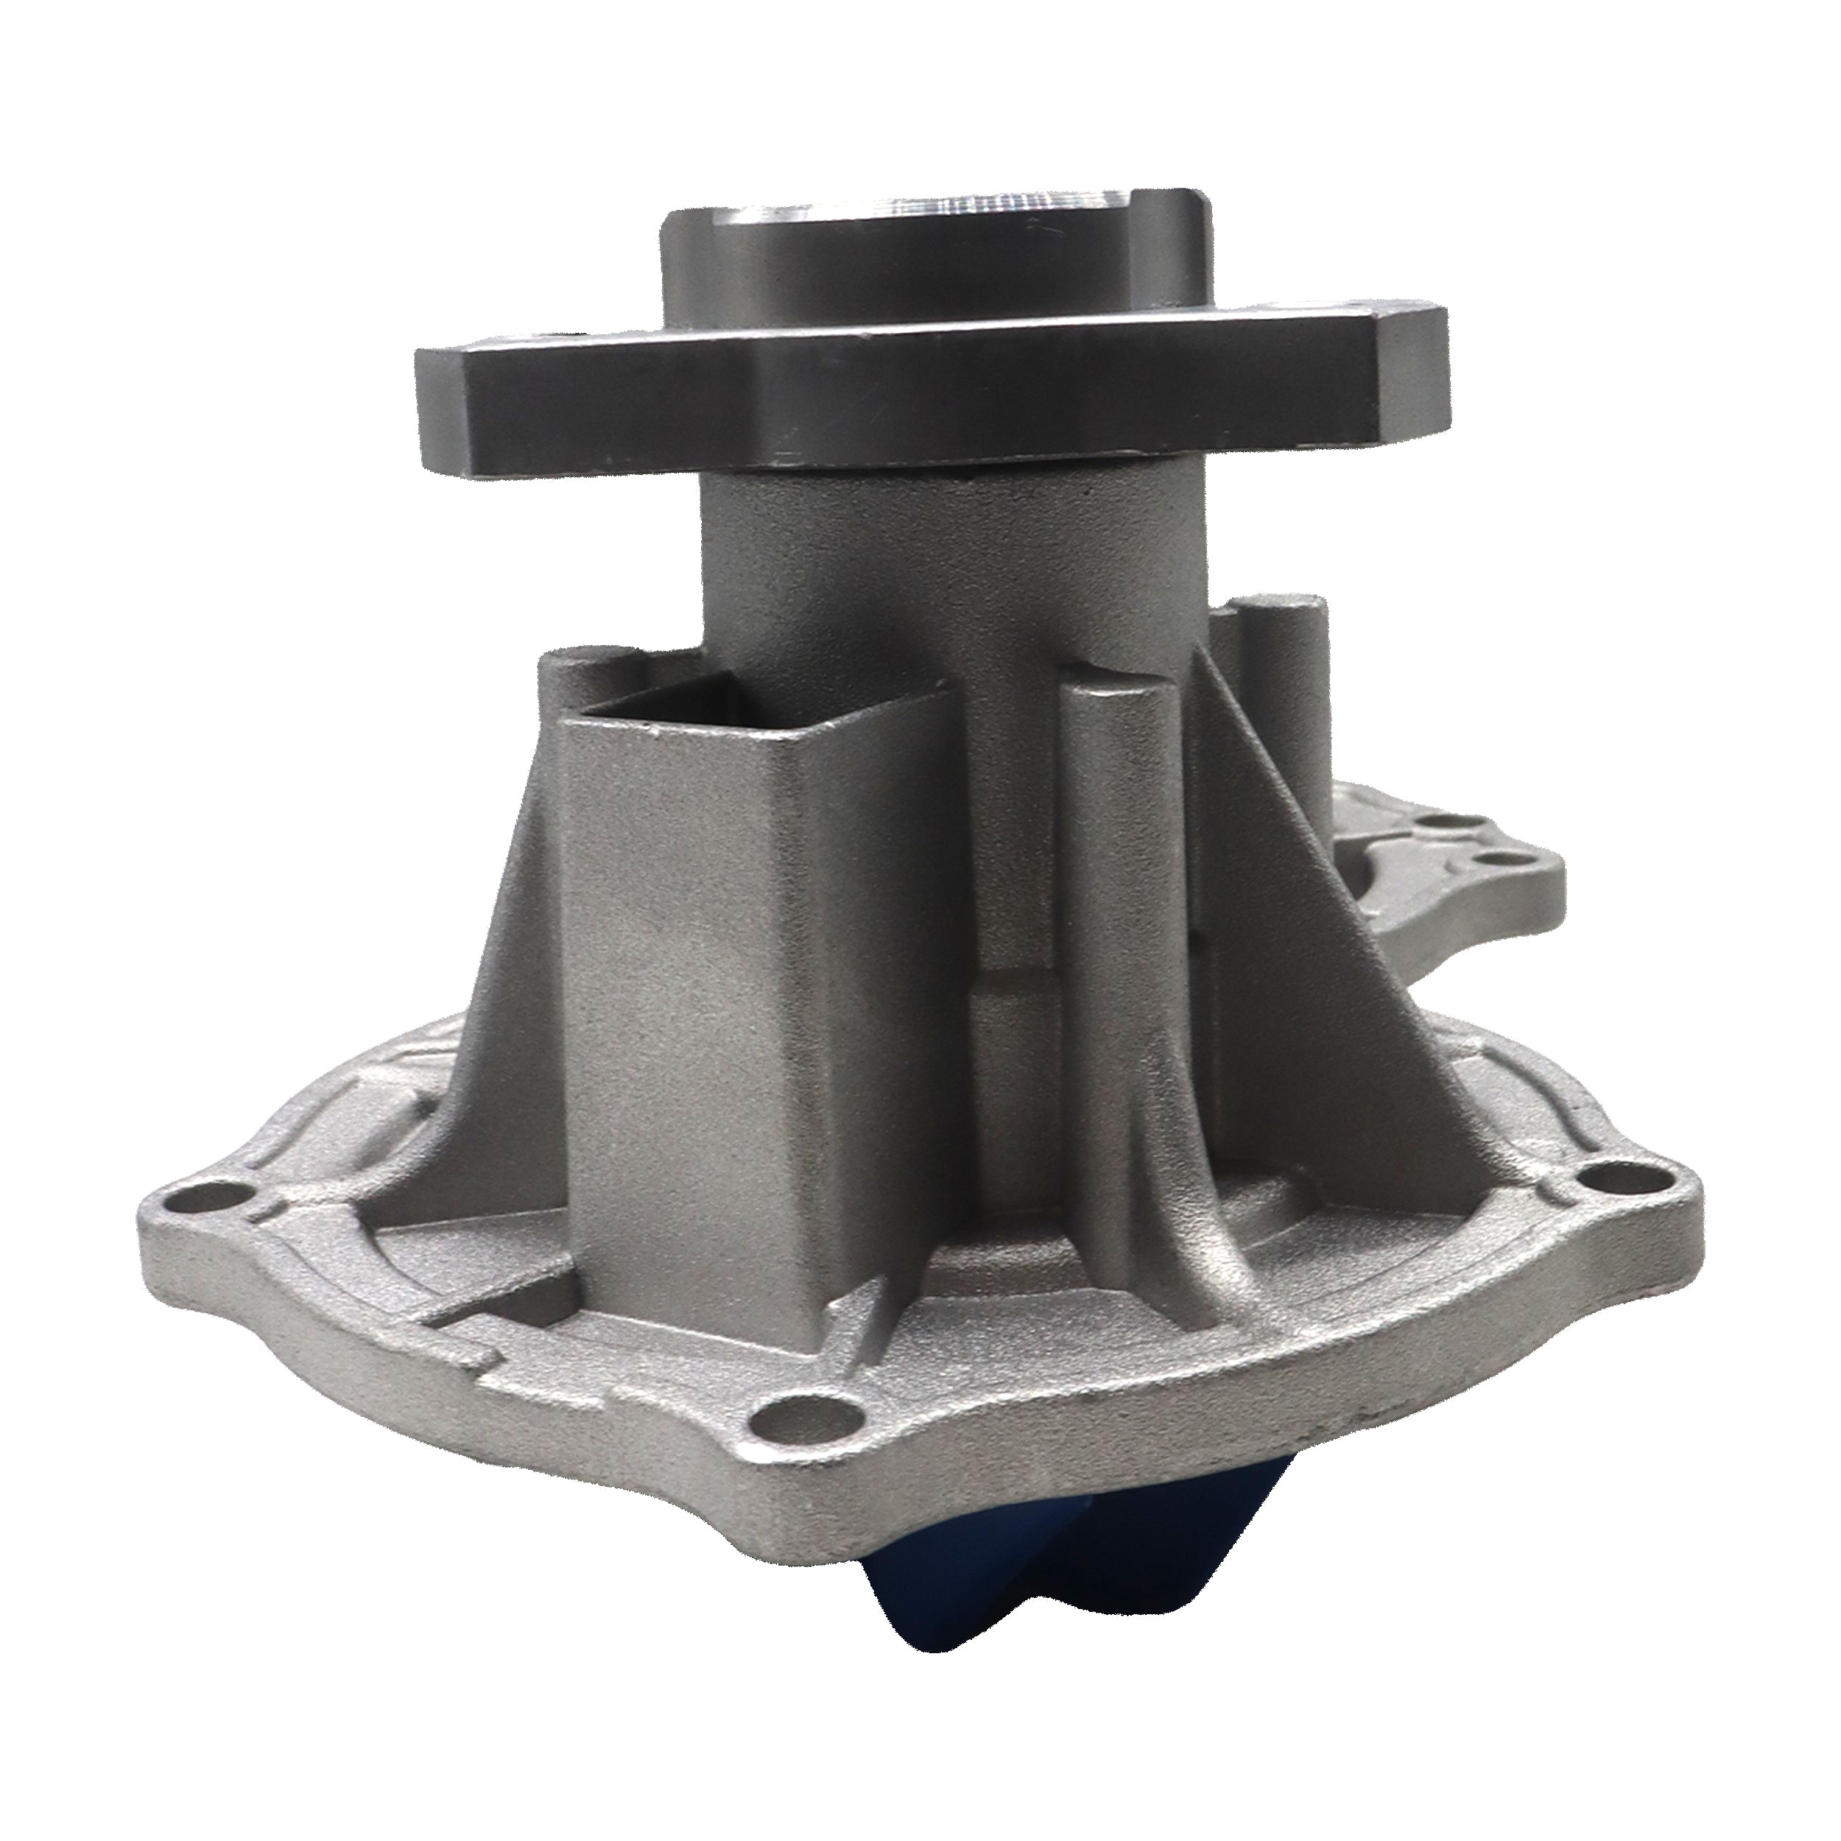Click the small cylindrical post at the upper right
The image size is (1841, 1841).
click(x=1286, y=648)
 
